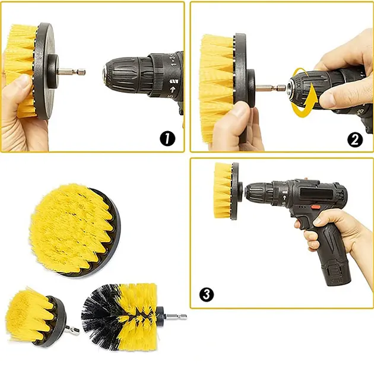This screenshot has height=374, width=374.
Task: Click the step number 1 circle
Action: (x=167, y=138)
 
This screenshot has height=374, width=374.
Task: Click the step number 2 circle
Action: (x=355, y=140)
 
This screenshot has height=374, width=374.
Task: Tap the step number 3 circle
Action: (x=207, y=294)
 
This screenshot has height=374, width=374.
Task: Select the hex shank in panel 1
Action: (x=72, y=72)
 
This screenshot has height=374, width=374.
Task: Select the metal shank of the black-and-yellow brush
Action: (x=176, y=316)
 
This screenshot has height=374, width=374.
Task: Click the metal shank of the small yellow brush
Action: (x=72, y=329)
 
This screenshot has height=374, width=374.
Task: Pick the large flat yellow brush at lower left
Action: (x=75, y=230)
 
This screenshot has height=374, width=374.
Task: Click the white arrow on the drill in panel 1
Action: (x=173, y=90)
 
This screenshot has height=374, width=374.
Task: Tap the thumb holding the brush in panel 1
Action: (x=21, y=86)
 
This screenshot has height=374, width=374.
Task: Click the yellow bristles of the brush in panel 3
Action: (x=223, y=190)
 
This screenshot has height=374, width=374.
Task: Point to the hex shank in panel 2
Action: (x=270, y=88)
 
